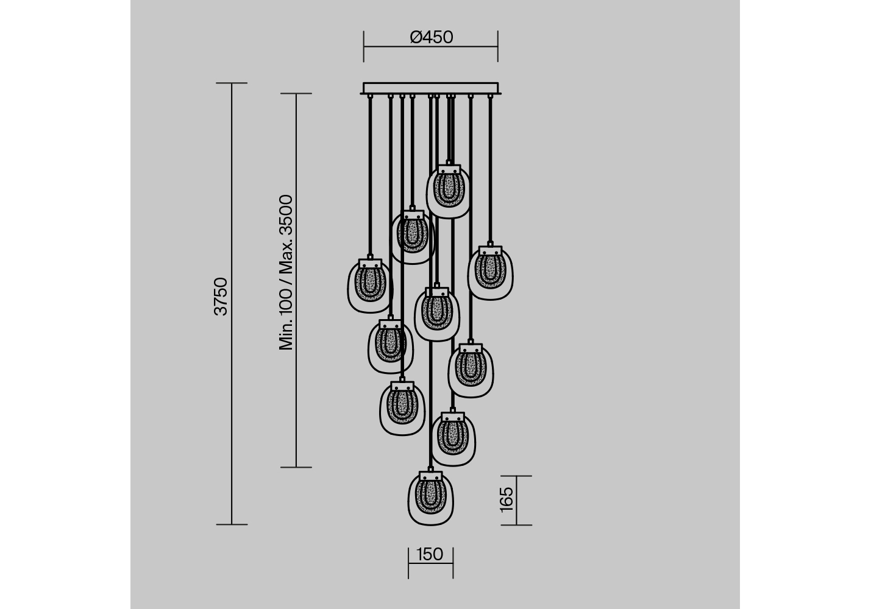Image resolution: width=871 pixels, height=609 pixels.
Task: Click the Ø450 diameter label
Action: tap(431, 37)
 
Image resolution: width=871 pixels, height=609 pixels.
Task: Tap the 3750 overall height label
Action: tap(221, 297)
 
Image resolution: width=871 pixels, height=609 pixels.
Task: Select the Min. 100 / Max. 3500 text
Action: tap(286, 272)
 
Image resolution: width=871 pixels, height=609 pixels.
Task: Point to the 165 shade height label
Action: tap(507, 500)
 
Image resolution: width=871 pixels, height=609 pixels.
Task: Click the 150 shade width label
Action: tap(430, 554)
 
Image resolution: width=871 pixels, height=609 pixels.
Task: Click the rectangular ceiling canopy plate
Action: tap(431, 88)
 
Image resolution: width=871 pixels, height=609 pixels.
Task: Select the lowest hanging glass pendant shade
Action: tap(431, 498)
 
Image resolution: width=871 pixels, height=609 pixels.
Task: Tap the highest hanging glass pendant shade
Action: tap(449, 191)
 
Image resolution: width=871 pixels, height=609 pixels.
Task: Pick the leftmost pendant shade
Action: tap(370, 286)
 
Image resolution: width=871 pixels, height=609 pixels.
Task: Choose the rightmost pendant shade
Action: tap(490, 273)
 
